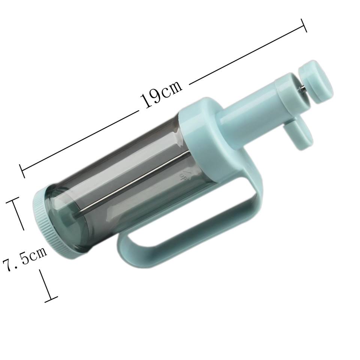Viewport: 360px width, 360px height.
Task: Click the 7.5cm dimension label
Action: pyautogui.click(x=25, y=258)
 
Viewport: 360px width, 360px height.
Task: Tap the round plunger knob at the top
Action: pyautogui.click(x=316, y=82)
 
